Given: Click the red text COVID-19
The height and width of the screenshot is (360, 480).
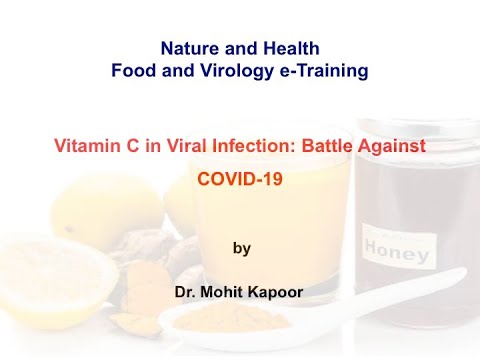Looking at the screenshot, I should [x=241, y=181].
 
